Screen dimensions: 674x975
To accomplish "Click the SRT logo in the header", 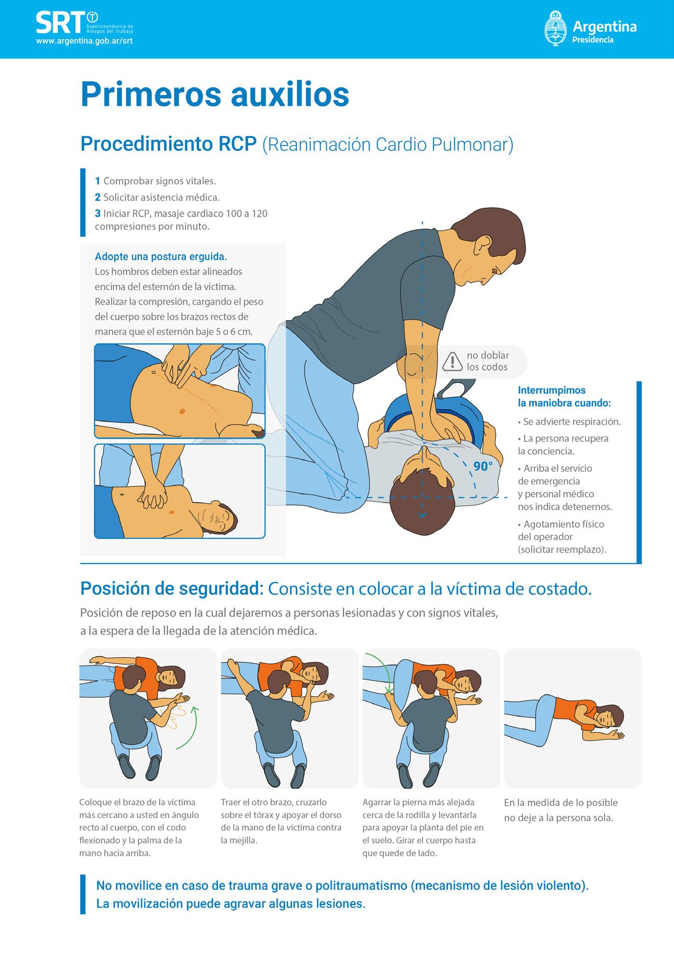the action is (84, 24).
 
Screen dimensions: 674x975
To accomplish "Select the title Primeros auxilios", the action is (215, 94).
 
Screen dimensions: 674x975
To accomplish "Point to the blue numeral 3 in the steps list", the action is (98, 213).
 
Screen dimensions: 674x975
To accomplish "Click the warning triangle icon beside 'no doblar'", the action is (452, 361).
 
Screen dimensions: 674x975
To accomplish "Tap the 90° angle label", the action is (483, 466).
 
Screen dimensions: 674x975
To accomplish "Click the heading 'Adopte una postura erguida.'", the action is (161, 256).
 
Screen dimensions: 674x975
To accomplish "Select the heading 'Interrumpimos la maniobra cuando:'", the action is (564, 397).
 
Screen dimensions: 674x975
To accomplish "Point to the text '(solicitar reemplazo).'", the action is (562, 549).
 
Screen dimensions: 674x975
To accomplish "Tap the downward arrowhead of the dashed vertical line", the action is (422, 516).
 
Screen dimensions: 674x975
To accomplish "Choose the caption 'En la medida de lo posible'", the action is (561, 802).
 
